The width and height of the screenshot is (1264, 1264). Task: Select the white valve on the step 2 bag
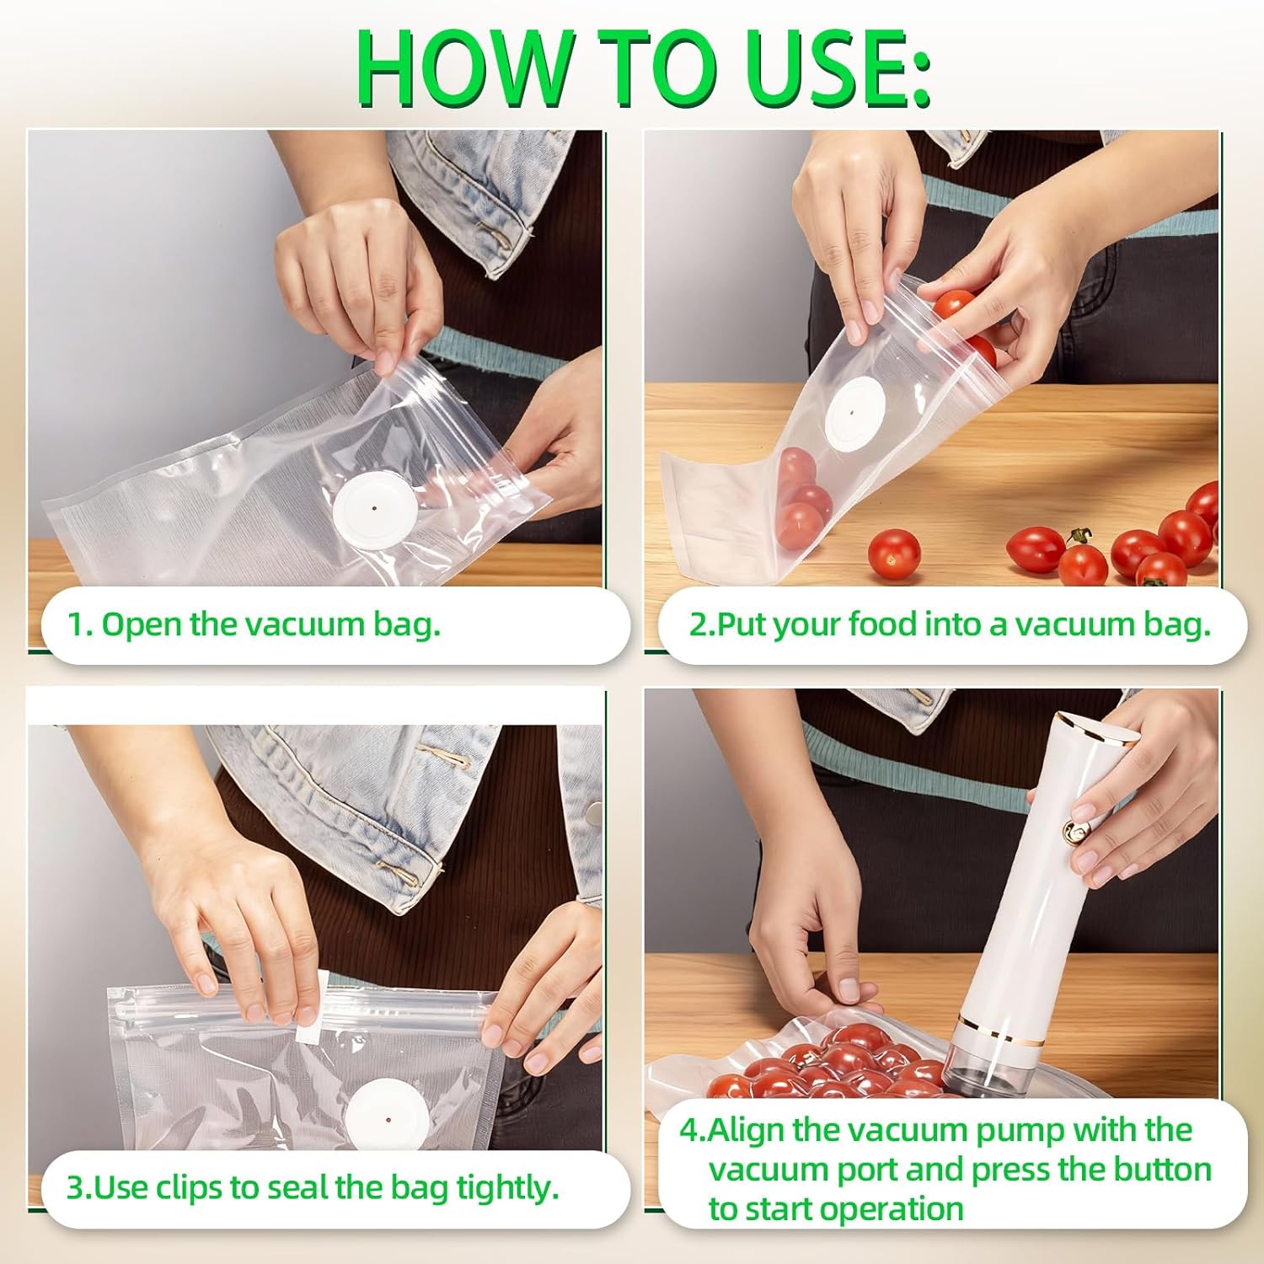click(x=853, y=414)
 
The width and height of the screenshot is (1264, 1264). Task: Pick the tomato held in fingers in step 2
click(x=955, y=304)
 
